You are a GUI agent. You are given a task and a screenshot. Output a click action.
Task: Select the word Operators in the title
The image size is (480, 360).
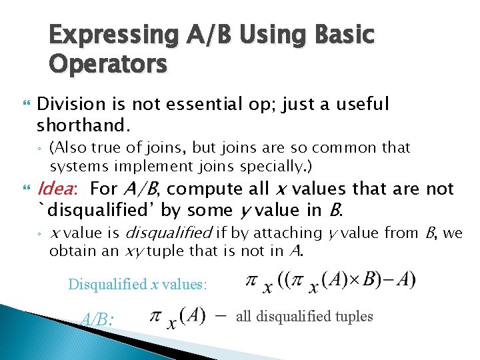coord(108,65)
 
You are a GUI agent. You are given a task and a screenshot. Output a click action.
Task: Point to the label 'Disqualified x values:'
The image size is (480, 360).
coord(138,284)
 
